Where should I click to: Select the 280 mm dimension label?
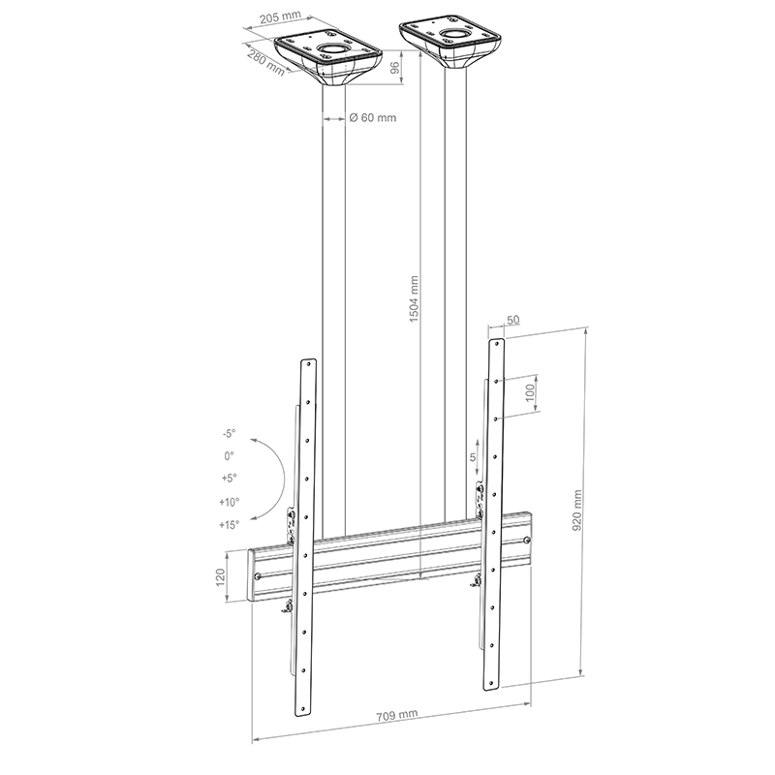(265, 63)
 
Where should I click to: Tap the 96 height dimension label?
(394, 70)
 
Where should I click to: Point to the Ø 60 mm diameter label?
(373, 118)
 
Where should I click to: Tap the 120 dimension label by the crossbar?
(220, 578)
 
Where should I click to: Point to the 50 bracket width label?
(512, 319)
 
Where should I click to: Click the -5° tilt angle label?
(228, 435)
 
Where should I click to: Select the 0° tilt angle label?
(230, 455)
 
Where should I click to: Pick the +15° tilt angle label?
(230, 524)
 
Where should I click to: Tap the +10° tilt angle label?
(230, 502)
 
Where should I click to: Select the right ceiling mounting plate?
(450, 39)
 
